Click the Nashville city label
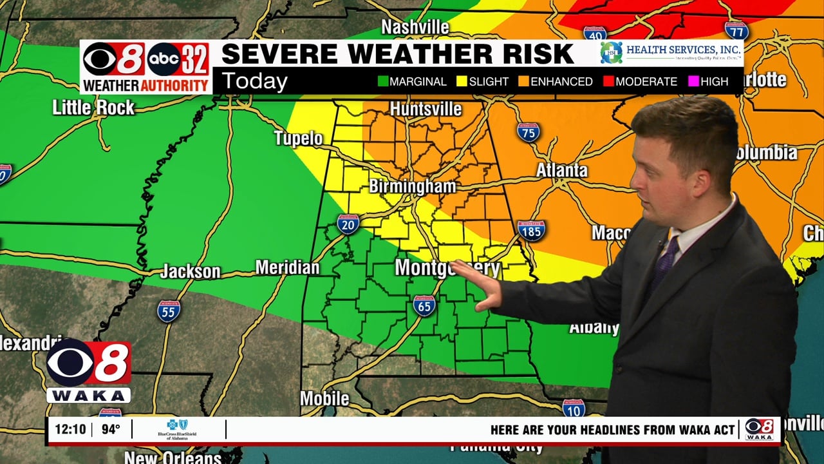tap(415, 27)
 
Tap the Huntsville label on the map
tap(426, 109)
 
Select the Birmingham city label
tap(412, 187)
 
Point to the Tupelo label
tap(298, 138)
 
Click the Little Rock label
tap(93, 107)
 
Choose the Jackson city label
tap(190, 271)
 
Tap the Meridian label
tap(287, 267)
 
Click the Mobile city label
tap(324, 399)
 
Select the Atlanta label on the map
tap(562, 170)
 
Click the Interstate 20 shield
tap(348, 224)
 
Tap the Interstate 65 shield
tap(424, 305)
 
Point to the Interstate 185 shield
tap(531, 230)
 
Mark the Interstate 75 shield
tap(528, 132)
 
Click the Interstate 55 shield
tap(169, 311)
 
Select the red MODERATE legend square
tap(608, 82)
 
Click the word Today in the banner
tap(254, 82)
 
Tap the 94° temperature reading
tap(111, 429)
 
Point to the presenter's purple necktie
tap(663, 264)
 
